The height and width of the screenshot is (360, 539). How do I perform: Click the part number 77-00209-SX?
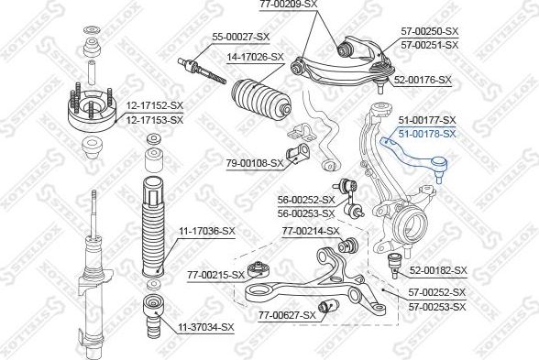[x=289, y=5]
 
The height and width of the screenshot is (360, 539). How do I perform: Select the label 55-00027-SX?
[x=240, y=37]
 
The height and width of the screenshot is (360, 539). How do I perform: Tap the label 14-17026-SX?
[x=256, y=57]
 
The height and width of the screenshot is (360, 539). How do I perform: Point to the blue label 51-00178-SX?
[x=427, y=134]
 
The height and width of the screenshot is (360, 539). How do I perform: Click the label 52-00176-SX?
[x=423, y=80]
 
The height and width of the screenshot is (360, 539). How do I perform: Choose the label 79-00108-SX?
[x=255, y=163]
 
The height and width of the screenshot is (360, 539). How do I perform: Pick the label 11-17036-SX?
[x=206, y=231]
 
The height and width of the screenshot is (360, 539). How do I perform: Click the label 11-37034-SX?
[x=206, y=327]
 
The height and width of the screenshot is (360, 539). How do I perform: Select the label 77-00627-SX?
[x=287, y=315]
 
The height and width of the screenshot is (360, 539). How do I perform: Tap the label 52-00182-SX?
[x=438, y=270]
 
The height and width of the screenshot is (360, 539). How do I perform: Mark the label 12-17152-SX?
[x=154, y=106]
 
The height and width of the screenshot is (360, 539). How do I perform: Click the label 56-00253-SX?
[x=306, y=213]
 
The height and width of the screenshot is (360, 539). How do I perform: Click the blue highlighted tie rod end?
[x=416, y=158]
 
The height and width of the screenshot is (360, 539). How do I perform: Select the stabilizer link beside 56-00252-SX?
[x=347, y=197]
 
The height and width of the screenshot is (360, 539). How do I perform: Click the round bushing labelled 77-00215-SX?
[x=258, y=269]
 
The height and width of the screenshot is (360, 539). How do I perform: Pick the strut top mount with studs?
[x=93, y=108]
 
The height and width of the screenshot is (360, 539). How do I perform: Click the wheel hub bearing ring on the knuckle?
[x=410, y=225]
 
